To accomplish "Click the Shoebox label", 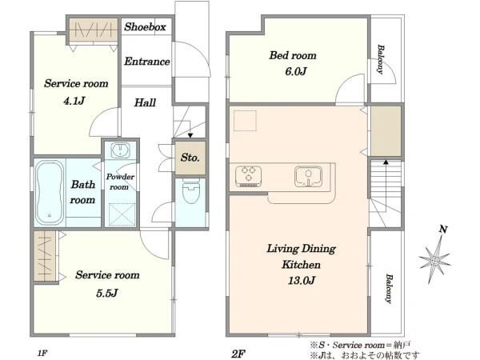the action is (x=145, y=27).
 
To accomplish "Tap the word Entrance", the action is (x=147, y=62).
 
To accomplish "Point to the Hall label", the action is (x=145, y=102).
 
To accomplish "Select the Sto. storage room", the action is (x=190, y=158).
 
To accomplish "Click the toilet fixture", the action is (x=191, y=190).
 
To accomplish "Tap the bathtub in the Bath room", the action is (x=50, y=193).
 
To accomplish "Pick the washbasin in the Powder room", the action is (x=120, y=150).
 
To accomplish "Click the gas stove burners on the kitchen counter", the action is (x=248, y=176).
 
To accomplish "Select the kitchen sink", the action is (x=308, y=176).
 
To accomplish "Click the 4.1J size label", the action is (x=74, y=100).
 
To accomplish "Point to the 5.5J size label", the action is (x=107, y=293).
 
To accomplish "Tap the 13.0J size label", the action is (x=302, y=280).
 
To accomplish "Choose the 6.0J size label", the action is (x=296, y=71).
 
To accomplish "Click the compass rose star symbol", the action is (x=434, y=260).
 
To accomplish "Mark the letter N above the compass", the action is (x=443, y=229).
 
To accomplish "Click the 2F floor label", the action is (x=238, y=354).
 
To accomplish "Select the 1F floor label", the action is (x=42, y=354).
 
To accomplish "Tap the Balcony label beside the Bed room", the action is (x=380, y=59).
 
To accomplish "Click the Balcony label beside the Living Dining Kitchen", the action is (x=389, y=288).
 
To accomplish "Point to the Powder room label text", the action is (x=120, y=182).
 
